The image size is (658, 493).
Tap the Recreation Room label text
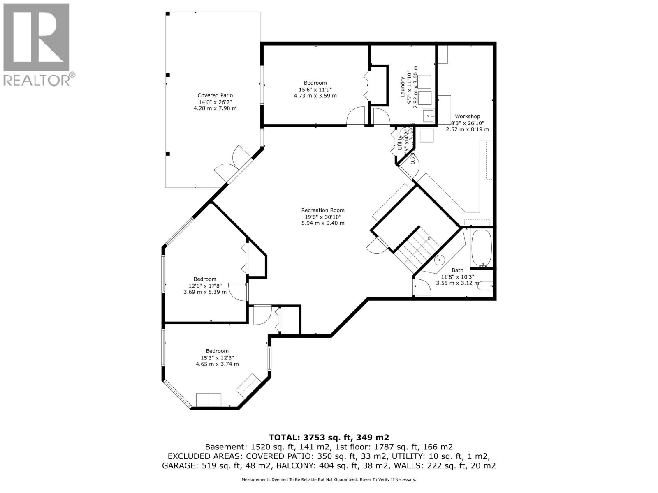coord(323,210)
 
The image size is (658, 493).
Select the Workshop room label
coord(467,117)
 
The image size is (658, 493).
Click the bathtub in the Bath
coord(481,248)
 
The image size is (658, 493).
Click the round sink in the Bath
coord(440,259)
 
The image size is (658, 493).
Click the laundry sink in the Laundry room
coord(429,116)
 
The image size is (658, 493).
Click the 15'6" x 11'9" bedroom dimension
coord(315,90)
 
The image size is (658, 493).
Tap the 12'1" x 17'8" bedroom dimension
coord(205,286)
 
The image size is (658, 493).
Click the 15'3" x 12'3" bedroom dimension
coord(217,358)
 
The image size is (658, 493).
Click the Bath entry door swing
coord(422,287)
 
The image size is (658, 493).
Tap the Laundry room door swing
coord(381,117)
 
